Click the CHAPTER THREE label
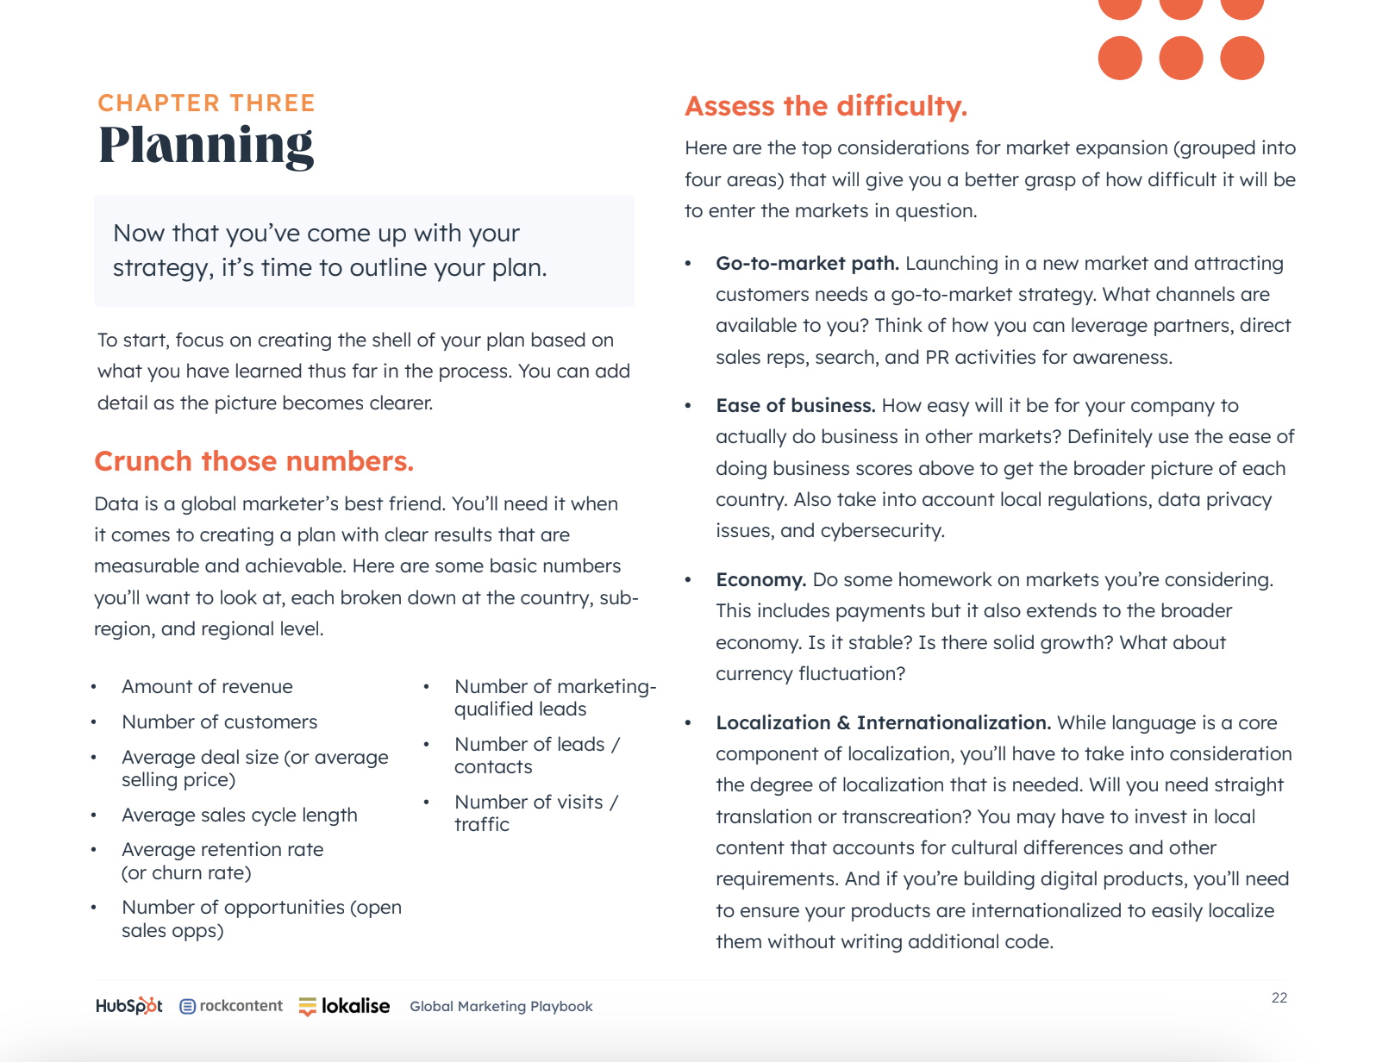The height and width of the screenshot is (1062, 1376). click(206, 103)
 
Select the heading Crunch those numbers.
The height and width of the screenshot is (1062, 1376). click(253, 461)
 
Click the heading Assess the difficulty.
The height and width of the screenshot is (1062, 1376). click(825, 106)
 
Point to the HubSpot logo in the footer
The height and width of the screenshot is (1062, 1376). click(128, 1006)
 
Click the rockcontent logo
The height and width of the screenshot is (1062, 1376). click(231, 1006)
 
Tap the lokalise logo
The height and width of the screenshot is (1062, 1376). click(344, 1006)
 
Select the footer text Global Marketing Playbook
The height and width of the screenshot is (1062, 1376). click(501, 1006)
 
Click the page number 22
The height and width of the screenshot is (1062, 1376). click(1279, 997)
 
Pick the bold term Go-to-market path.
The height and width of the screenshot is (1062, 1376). click(807, 264)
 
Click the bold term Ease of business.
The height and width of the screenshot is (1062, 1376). click(795, 406)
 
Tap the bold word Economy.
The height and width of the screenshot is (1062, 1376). click(760, 580)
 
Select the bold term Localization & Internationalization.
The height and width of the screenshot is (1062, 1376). click(883, 723)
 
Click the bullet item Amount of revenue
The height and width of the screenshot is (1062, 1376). click(207, 687)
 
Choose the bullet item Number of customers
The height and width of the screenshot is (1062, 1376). click(219, 722)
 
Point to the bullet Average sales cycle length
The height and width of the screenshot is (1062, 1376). click(239, 815)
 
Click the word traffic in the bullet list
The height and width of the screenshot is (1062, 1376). click(481, 825)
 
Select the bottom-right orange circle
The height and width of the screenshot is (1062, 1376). click(1242, 58)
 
